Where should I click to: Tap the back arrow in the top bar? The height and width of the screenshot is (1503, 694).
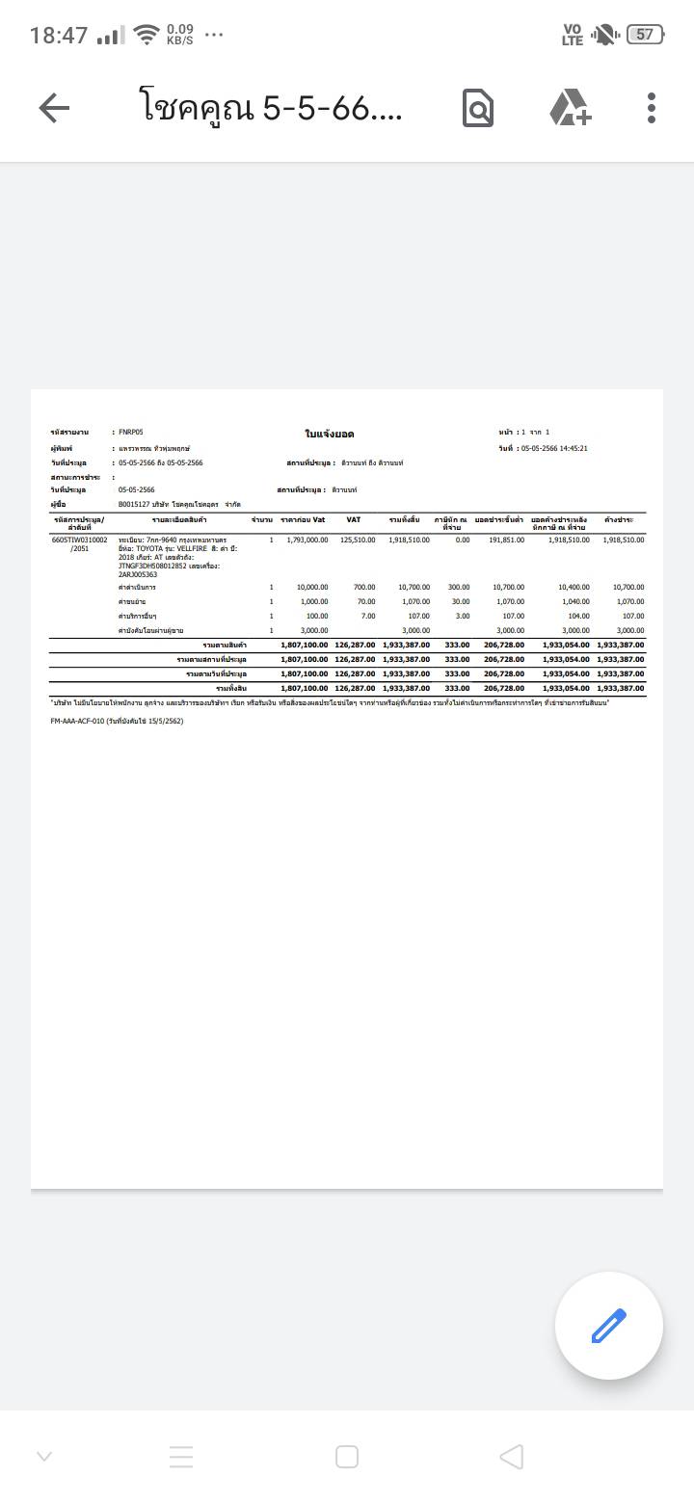coord(54,108)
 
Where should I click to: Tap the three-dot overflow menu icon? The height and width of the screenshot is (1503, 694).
coord(652,108)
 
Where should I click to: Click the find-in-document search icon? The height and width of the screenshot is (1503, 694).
coord(477,108)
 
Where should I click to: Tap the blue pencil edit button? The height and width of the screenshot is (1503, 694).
coord(608,1326)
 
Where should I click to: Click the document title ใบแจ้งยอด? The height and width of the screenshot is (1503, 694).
coord(329,435)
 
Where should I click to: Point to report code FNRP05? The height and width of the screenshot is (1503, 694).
coord(131,433)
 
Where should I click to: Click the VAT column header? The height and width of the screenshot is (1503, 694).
coord(354,520)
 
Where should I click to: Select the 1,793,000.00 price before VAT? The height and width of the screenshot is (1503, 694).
coord(307,541)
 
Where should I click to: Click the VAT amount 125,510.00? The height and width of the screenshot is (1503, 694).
coord(358,541)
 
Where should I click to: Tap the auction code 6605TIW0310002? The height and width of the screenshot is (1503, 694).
coord(80,541)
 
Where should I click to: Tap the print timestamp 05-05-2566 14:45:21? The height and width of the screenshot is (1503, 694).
coord(553,449)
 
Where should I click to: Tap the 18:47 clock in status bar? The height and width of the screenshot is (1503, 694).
coord(59,36)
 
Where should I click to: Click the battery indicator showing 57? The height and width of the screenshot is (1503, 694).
coord(644,35)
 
